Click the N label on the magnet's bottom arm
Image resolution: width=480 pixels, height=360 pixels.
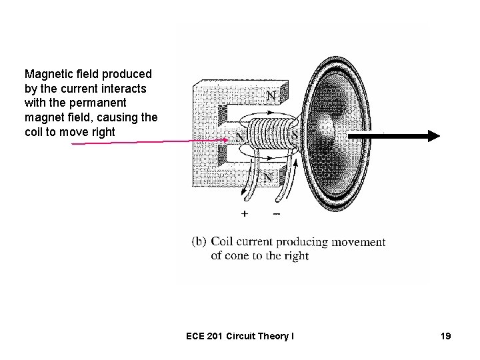point(267,179)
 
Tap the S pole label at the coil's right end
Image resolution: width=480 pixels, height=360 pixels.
point(294,136)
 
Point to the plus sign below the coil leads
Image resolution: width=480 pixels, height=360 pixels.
point(245,214)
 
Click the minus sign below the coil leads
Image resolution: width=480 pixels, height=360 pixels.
point(276,214)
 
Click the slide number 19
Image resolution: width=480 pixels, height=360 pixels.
point(445,337)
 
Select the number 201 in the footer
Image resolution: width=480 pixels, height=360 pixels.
point(219,337)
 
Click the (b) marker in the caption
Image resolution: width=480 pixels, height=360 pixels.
point(199,242)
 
